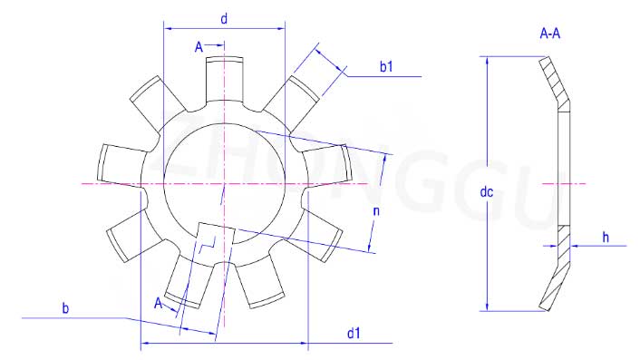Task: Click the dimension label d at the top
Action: click(x=224, y=19)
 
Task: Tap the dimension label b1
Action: click(x=386, y=66)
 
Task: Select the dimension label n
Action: click(x=376, y=210)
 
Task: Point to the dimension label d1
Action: click(x=354, y=333)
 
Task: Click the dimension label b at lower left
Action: click(x=65, y=308)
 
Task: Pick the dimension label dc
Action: click(x=487, y=192)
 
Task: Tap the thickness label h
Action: click(x=606, y=238)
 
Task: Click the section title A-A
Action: click(x=549, y=34)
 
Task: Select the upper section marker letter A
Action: click(x=199, y=47)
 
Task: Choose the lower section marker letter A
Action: click(x=159, y=303)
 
